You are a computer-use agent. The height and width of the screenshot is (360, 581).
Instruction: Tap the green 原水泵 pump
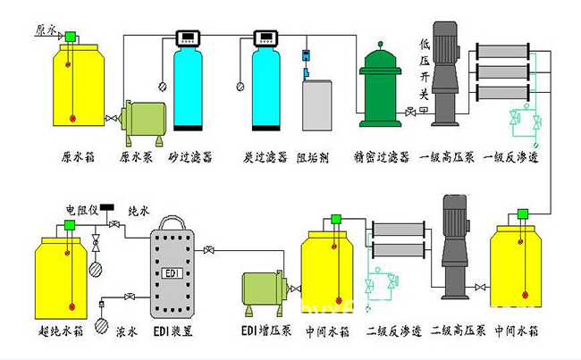(x=143, y=117)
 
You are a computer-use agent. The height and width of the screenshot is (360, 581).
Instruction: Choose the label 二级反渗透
(x=391, y=331)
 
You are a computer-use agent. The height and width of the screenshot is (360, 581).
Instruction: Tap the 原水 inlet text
(x=45, y=29)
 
